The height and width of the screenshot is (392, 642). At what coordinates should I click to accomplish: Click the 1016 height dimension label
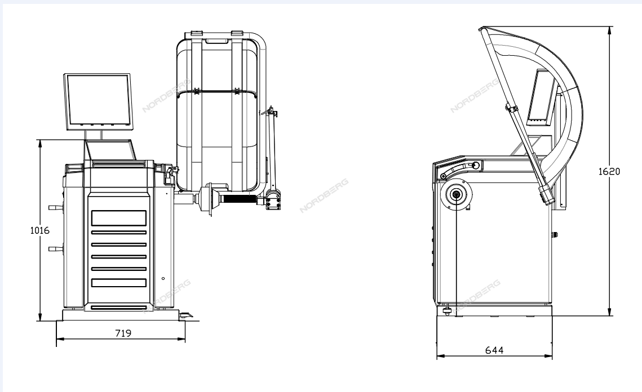click(x=39, y=230)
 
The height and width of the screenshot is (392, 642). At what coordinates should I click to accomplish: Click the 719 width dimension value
click(x=123, y=333)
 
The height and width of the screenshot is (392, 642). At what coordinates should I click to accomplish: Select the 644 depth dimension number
click(x=494, y=350)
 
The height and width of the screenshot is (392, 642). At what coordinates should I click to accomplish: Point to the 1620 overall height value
click(x=609, y=171)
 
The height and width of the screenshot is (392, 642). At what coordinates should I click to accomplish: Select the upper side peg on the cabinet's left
click(x=56, y=207)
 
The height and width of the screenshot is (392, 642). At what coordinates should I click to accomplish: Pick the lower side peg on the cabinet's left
click(x=56, y=248)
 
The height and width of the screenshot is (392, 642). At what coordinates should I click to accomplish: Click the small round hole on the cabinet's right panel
click(x=163, y=279)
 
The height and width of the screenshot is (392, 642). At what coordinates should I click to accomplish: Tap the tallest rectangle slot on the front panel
click(x=119, y=218)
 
